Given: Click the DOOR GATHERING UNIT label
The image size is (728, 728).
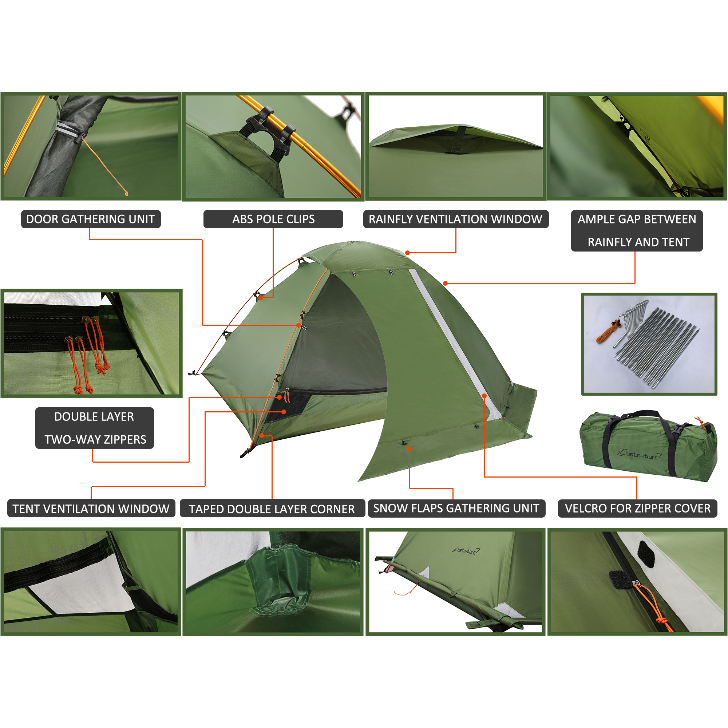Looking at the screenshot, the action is (91, 219).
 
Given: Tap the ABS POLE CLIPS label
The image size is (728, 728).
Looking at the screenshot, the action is (273, 219).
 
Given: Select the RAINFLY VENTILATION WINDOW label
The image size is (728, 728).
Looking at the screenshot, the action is (456, 219).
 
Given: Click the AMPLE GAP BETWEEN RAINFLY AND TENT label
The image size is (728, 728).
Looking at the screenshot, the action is (637, 231).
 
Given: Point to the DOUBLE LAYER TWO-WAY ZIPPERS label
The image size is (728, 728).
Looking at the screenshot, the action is (95, 428).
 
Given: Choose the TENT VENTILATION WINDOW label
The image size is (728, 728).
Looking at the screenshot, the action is (91, 508).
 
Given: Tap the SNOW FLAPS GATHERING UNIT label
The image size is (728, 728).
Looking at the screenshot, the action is (456, 508).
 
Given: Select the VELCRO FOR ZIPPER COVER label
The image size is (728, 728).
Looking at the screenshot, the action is (638, 508).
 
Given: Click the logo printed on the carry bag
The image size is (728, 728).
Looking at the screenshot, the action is (639, 454).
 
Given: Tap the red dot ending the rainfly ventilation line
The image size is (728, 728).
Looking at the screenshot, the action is (407, 253).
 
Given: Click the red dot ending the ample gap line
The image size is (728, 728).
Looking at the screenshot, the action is (446, 283).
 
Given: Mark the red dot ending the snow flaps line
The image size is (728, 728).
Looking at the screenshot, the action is (409, 449).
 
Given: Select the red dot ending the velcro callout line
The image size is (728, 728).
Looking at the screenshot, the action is (484, 396).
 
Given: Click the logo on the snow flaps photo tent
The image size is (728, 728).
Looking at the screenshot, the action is (466, 550).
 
